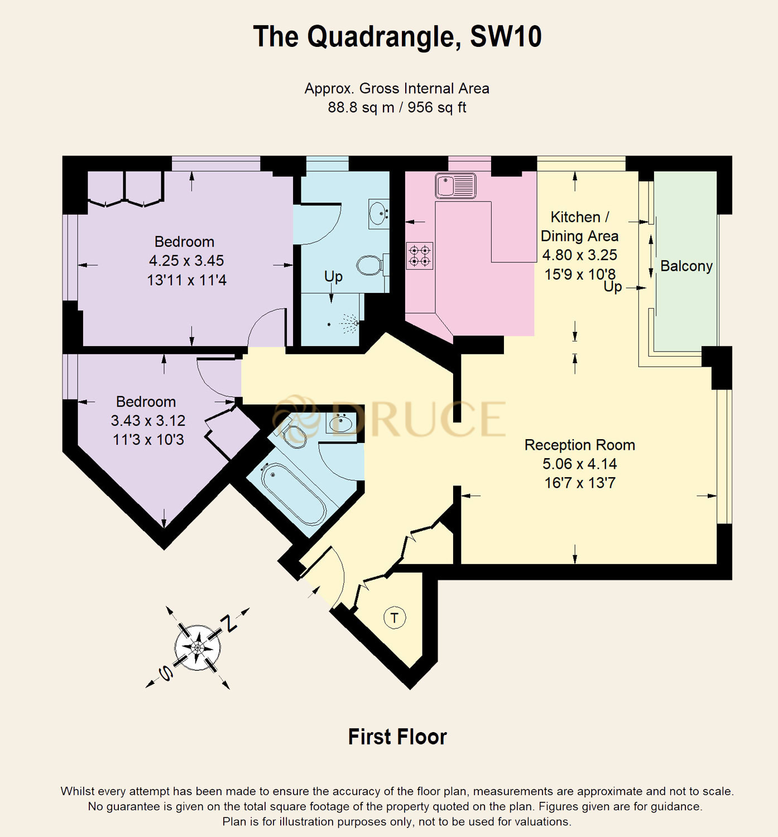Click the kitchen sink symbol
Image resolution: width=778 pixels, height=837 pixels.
[455, 185]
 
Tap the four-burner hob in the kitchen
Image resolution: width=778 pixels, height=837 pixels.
[420, 255]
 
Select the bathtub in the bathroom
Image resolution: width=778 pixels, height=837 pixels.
[294, 494]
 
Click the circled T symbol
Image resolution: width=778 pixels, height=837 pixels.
[395, 618]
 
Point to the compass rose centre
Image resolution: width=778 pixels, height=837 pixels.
[198, 647]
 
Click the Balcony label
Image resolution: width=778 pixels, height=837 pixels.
[686, 266]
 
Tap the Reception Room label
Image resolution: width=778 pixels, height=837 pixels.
[579, 445]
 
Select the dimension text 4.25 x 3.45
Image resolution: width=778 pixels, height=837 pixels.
[186, 261]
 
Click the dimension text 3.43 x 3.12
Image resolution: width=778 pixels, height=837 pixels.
[148, 421]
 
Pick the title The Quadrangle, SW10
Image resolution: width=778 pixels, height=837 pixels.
[397, 37]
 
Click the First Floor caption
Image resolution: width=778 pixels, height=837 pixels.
[397, 737]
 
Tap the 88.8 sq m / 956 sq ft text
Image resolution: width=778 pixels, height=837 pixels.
[397, 107]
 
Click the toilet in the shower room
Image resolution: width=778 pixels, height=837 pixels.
[369, 265]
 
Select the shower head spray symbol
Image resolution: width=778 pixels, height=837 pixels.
[349, 323]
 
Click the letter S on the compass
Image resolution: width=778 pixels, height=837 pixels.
[166, 673]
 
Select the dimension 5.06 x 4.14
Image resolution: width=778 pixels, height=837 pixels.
[579, 464]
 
